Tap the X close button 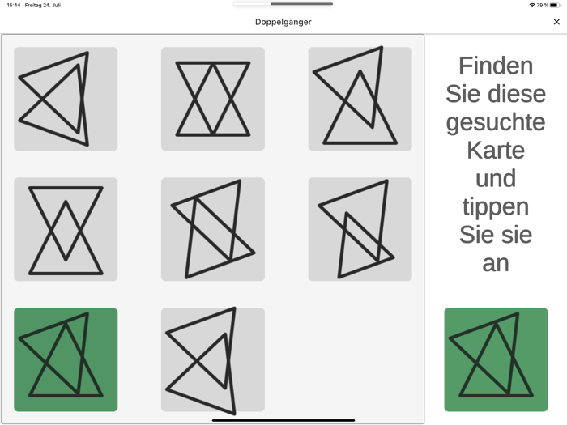[x=556, y=22]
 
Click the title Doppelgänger [x=283, y=22]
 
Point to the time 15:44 [x=14, y=6]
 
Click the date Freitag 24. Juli [x=43, y=6]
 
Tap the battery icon [x=555, y=6]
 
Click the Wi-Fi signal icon [x=532, y=6]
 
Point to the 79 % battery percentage [x=543, y=6]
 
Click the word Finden [x=496, y=66]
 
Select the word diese [x=517, y=94]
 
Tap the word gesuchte [x=496, y=123]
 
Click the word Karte [x=496, y=151]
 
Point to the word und [x=496, y=179]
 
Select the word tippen [x=496, y=207]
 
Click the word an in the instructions [x=496, y=264]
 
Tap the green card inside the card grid [x=66, y=359]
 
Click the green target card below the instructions [x=496, y=359]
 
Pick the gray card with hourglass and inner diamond [x=66, y=229]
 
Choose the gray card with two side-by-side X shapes [x=213, y=99]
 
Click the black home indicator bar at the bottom [x=283, y=421]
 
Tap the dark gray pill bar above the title [x=301, y=4]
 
